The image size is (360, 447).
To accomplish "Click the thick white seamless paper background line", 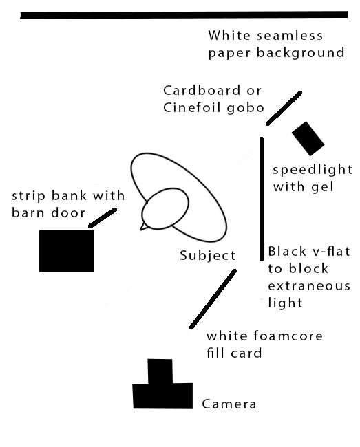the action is click(x=184, y=15).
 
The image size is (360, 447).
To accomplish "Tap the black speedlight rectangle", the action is click(x=308, y=139).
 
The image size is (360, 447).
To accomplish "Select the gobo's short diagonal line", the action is click(x=284, y=109).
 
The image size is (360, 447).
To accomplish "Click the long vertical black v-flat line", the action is click(x=262, y=199).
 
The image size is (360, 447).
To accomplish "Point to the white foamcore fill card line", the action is click(x=213, y=299).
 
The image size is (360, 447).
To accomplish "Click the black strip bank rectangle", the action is click(x=67, y=251).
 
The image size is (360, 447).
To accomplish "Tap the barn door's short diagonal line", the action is click(x=103, y=218).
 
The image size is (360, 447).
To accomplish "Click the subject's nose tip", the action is click(x=140, y=229).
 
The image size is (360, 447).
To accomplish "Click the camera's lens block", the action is click(x=160, y=371).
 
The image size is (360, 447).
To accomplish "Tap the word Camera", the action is click(x=229, y=404).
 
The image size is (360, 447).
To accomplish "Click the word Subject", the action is click(x=208, y=255).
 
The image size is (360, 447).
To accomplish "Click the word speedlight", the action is click(x=313, y=170).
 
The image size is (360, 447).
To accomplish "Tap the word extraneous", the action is click(x=309, y=285).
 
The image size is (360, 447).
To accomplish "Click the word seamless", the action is click(x=290, y=36).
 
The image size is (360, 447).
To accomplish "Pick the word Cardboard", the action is click(x=202, y=91).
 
